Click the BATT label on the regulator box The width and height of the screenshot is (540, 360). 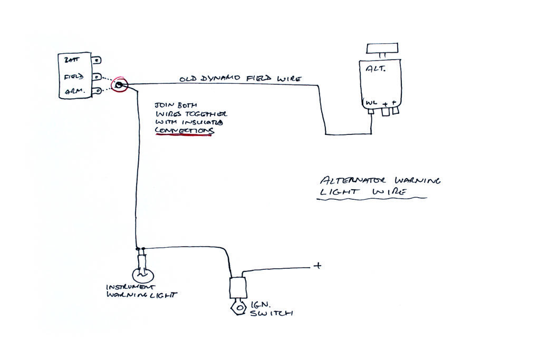point(71,61)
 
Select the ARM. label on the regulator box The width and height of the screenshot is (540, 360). point(72,91)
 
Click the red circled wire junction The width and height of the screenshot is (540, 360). point(119,84)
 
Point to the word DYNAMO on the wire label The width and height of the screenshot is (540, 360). point(221,79)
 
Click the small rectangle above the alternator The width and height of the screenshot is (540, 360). point(382,49)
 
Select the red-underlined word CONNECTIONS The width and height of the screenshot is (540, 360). point(184,130)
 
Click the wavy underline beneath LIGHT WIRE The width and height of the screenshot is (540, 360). point(372,199)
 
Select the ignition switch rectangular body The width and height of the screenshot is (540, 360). point(237,288)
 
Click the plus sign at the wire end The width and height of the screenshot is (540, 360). point(317,266)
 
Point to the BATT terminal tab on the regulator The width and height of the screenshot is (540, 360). point(98,61)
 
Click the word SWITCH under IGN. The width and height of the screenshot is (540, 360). point(275,314)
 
